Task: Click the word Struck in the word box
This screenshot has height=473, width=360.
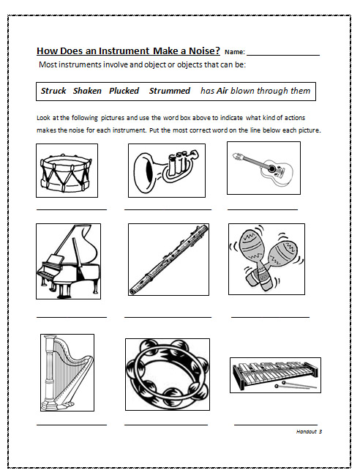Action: point(53,91)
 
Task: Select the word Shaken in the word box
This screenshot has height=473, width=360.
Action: point(87,91)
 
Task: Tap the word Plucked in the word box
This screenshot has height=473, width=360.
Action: point(124,91)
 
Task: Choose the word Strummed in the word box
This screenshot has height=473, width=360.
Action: point(170,91)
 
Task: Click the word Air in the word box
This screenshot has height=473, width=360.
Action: point(222,91)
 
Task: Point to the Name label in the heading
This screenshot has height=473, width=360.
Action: point(235,52)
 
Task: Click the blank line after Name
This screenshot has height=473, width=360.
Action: point(283,55)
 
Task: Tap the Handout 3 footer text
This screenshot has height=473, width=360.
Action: point(309,432)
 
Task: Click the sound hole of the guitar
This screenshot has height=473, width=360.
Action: point(272,168)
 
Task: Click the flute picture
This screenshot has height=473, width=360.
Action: point(169,259)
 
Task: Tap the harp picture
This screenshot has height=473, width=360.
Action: point(67,372)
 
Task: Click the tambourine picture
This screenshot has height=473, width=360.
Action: point(168,374)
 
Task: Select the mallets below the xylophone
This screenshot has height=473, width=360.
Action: point(295,385)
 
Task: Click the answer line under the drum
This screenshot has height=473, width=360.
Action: point(72,209)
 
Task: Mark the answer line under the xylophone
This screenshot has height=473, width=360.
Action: point(276,425)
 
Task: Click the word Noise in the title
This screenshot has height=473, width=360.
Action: point(204,51)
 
